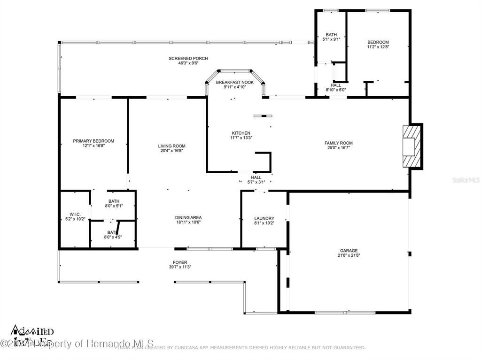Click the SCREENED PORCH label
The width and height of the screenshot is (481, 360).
point(188,58)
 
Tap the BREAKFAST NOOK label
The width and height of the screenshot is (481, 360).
point(234,82)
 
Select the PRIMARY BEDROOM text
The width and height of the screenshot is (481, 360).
point(93,141)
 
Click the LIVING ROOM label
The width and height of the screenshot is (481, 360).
point(171,146)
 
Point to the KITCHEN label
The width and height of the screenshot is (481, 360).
point(241,133)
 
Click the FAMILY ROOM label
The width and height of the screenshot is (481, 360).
point(338,143)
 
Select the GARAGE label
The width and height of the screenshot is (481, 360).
point(349,251)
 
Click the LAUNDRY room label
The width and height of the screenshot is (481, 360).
point(264,218)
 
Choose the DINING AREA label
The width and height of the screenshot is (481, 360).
point(188,217)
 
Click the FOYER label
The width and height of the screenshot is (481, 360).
point(180,262)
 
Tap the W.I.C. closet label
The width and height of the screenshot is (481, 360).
point(75,214)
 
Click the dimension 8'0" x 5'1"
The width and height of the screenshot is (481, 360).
point(114,206)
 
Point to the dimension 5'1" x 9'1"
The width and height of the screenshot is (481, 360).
point(331,39)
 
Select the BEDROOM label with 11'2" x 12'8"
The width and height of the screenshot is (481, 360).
point(378,42)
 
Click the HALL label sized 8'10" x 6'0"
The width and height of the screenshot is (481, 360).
point(335,85)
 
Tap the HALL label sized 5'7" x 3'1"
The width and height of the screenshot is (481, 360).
point(256,177)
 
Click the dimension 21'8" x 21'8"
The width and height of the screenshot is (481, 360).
point(349,255)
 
